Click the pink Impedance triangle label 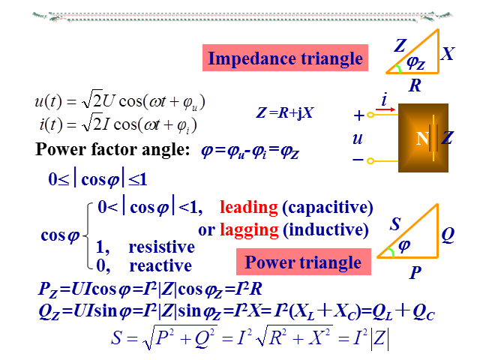click(x=284, y=58)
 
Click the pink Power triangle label click(x=303, y=262)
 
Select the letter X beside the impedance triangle click(x=448, y=54)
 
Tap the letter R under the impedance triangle click(x=415, y=85)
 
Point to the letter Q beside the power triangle click(x=448, y=235)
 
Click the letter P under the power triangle click(x=414, y=273)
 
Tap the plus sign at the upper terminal click(x=358, y=116)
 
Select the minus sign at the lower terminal click(x=358, y=160)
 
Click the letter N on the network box click(x=421, y=138)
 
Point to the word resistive click(x=161, y=247)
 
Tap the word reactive click(x=160, y=265)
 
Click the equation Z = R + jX click(x=284, y=113)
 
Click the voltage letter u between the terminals click(x=357, y=139)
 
